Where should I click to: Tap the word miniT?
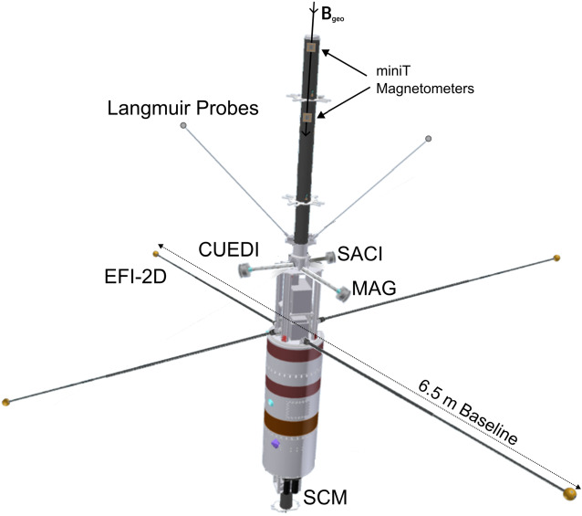[400, 71]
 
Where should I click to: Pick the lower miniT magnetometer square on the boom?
[308, 117]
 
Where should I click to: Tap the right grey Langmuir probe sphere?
[428, 138]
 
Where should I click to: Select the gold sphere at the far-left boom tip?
[7, 401]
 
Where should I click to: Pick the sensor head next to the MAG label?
[342, 291]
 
